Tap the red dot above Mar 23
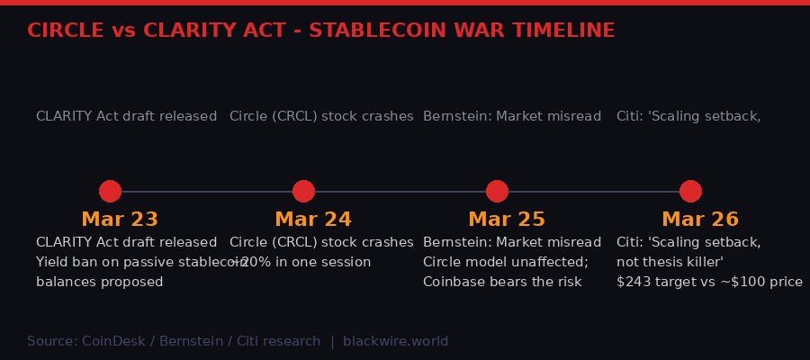coord(110,191)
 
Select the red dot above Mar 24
coord(303,191)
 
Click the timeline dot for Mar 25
coord(497,191)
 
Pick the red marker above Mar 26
coord(690,191)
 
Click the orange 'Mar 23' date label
coord(119,220)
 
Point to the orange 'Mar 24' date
coord(312,220)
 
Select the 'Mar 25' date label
coord(506,220)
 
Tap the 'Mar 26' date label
coord(699,220)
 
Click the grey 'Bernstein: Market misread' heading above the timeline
coord(511,116)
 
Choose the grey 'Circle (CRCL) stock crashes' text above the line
coord(321,116)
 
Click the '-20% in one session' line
coord(301,262)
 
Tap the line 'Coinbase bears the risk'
coord(502,282)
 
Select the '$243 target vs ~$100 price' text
coord(709,282)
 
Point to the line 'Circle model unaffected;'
coord(505,262)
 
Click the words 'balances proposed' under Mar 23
coord(99,282)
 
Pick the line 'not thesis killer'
coord(670,262)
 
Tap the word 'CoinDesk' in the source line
coord(111,341)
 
